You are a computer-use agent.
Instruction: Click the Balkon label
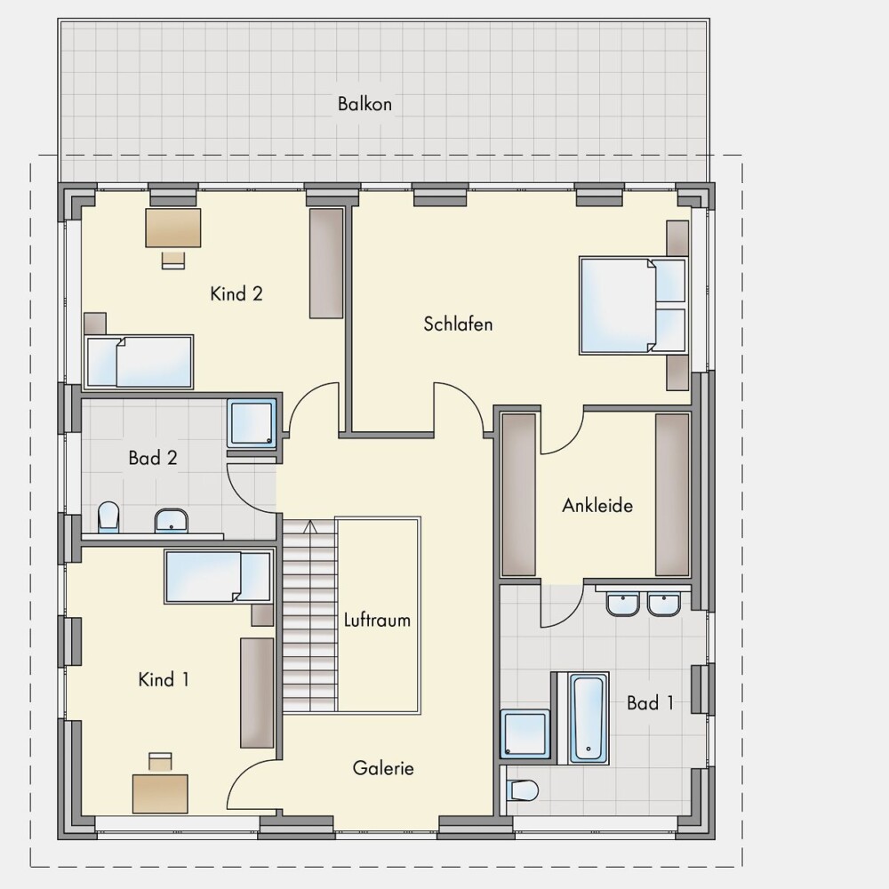[x=364, y=104]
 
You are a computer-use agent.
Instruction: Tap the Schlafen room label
[x=458, y=324]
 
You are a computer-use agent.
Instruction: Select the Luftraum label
[x=377, y=620]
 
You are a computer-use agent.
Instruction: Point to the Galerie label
[x=383, y=768]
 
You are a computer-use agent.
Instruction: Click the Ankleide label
[x=597, y=505]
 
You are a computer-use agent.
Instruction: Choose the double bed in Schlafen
[x=633, y=306]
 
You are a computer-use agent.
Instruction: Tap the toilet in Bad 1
[x=522, y=789]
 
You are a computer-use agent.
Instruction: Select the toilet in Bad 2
[x=108, y=517]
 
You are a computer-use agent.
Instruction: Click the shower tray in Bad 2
[x=252, y=423]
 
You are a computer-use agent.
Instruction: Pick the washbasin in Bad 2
[x=172, y=520]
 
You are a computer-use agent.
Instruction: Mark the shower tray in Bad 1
[x=525, y=733]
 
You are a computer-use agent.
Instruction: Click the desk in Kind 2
[x=173, y=228]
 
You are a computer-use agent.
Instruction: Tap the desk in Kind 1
[x=160, y=794]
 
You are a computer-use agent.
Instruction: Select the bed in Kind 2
[x=139, y=363]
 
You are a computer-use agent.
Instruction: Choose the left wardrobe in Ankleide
[x=519, y=495]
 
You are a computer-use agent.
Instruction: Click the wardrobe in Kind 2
[x=326, y=264]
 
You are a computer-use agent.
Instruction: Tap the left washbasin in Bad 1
[x=622, y=604]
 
